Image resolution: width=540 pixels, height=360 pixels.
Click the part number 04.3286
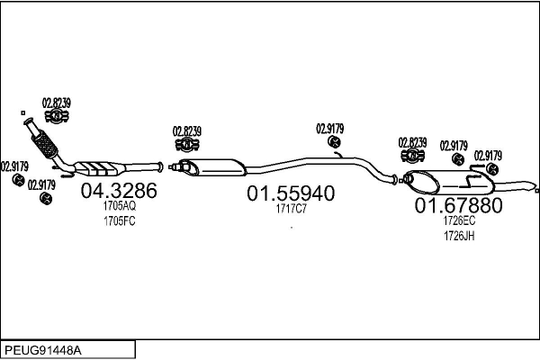tap(119, 191)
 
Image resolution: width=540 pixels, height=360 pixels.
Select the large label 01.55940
tap(291, 193)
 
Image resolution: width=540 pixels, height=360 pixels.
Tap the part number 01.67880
tap(458, 205)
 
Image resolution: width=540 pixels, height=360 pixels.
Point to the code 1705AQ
tap(119, 206)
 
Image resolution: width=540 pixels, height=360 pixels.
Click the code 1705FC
tap(119, 220)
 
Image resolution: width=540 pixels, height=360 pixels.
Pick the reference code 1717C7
tap(291, 209)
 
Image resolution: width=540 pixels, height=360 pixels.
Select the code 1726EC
tap(458, 220)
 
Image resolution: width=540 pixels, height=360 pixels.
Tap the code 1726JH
tap(458, 236)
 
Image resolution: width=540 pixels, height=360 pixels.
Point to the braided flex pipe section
tap(42, 141)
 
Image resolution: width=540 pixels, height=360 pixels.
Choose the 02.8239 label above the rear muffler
tap(411, 142)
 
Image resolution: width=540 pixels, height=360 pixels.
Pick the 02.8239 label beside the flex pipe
tap(57, 103)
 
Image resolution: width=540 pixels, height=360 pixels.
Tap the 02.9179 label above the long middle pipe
tap(329, 128)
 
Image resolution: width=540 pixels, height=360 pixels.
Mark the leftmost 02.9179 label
tap(14, 166)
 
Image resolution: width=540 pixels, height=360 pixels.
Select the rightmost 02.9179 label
tap(488, 155)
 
